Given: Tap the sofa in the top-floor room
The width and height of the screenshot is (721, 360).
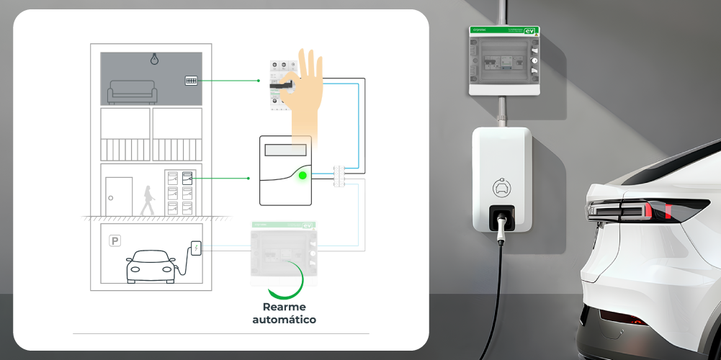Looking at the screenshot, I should [x=131, y=92].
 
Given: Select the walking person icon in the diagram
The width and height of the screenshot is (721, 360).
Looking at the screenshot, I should [x=148, y=200].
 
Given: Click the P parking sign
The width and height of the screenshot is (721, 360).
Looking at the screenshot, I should [x=115, y=241].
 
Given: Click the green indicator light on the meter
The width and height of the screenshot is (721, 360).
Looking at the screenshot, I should [x=303, y=175].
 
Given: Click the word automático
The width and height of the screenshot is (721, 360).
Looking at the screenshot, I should [x=284, y=319].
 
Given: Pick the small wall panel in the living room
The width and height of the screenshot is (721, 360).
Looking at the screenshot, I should [x=191, y=81].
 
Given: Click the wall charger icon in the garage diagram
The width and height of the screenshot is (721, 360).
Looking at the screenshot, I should [x=195, y=248].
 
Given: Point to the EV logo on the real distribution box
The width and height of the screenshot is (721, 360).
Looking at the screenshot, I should [x=530, y=31].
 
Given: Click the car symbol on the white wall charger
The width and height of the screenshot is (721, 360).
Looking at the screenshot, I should [x=501, y=188].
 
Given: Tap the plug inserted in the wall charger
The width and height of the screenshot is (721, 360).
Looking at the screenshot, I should [x=501, y=221].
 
